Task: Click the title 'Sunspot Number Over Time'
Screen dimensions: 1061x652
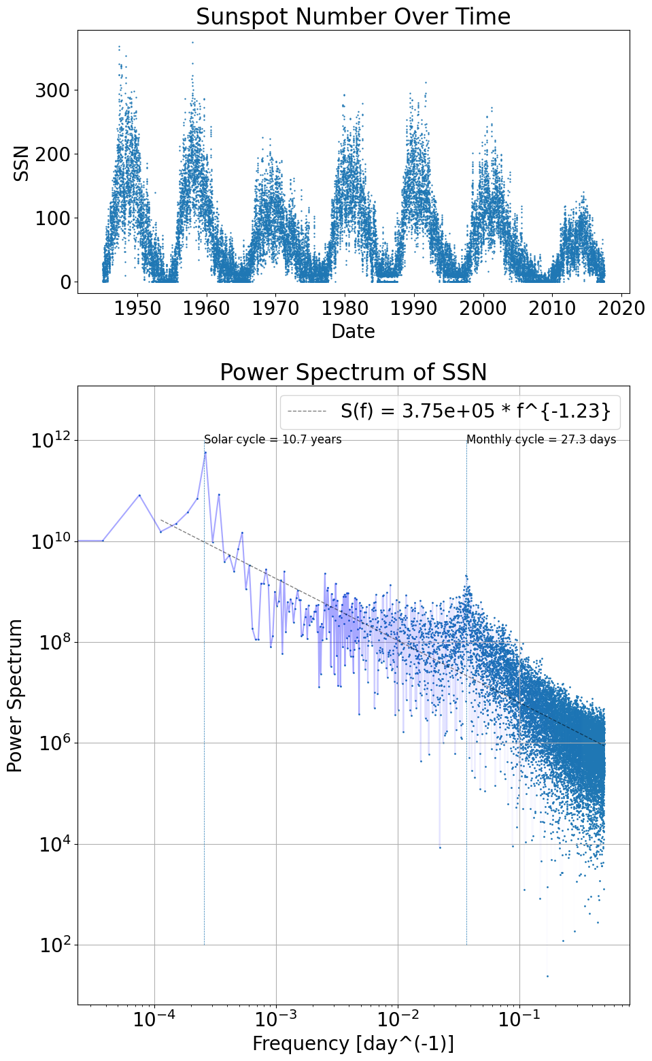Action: coord(353,16)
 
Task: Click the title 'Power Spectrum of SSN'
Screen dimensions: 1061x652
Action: coord(353,372)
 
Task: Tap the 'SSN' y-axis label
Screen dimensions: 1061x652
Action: coord(22,163)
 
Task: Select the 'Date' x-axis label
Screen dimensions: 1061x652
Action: coord(353,331)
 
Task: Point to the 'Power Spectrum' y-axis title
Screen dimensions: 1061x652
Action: coord(15,695)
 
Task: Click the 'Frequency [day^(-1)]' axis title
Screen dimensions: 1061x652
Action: coord(353,1043)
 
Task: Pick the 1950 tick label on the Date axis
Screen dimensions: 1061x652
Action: coord(137,309)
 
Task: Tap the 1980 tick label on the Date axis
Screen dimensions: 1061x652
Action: coord(345,309)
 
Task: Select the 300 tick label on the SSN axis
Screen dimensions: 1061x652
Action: coord(52,90)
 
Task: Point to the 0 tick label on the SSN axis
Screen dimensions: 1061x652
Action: coord(65,282)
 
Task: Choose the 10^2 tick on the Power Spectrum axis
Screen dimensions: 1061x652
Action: coord(54,945)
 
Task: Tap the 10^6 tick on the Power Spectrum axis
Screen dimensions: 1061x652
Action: coord(54,743)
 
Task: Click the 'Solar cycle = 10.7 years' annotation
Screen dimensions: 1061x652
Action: coord(273,439)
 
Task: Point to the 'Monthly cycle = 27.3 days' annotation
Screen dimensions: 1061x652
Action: coord(541,439)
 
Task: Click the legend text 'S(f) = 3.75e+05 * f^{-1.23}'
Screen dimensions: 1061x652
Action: coord(475,411)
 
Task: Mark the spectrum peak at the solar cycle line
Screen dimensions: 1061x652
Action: coord(205,452)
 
